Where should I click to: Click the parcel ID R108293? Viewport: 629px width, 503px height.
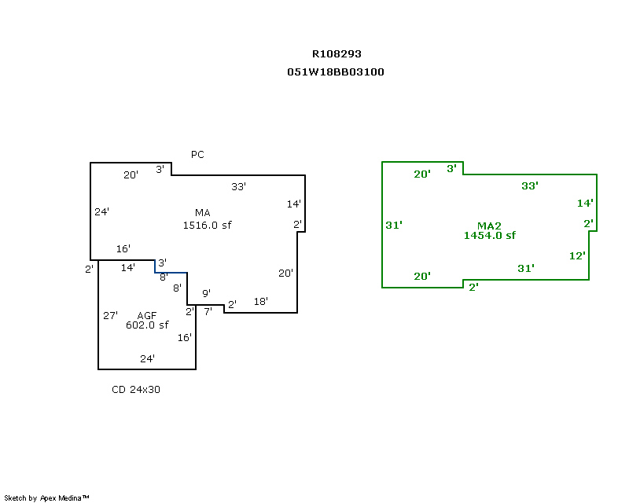coord(337,54)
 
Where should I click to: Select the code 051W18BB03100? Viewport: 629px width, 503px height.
coord(336,72)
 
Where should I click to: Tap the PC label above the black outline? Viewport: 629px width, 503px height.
coord(197,154)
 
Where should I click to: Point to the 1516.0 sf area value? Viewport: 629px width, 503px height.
coord(207,225)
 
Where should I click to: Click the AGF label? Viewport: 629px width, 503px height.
coord(147,315)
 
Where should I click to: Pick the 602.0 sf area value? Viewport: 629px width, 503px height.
coord(147,325)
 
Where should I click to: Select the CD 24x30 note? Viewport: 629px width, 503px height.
coord(136,389)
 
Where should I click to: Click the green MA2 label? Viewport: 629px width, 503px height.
coord(489,226)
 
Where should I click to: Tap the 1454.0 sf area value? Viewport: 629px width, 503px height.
coord(489,235)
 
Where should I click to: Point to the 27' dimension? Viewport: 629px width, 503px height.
coord(111,315)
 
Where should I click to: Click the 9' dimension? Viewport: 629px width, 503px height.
coord(206,293)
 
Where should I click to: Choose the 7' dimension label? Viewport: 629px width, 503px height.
coord(208,311)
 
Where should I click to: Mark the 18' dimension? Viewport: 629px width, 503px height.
coord(260,302)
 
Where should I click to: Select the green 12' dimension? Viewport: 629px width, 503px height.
coord(577,255)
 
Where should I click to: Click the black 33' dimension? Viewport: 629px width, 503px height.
coord(238,186)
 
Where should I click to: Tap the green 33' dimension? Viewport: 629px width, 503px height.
coord(529,185)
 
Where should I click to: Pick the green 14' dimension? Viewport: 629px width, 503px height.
coord(584,203)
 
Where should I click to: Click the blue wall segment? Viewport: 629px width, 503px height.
coord(171,273)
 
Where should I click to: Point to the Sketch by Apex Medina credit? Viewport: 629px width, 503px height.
coord(46,497)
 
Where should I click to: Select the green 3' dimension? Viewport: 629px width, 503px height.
coord(452,168)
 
